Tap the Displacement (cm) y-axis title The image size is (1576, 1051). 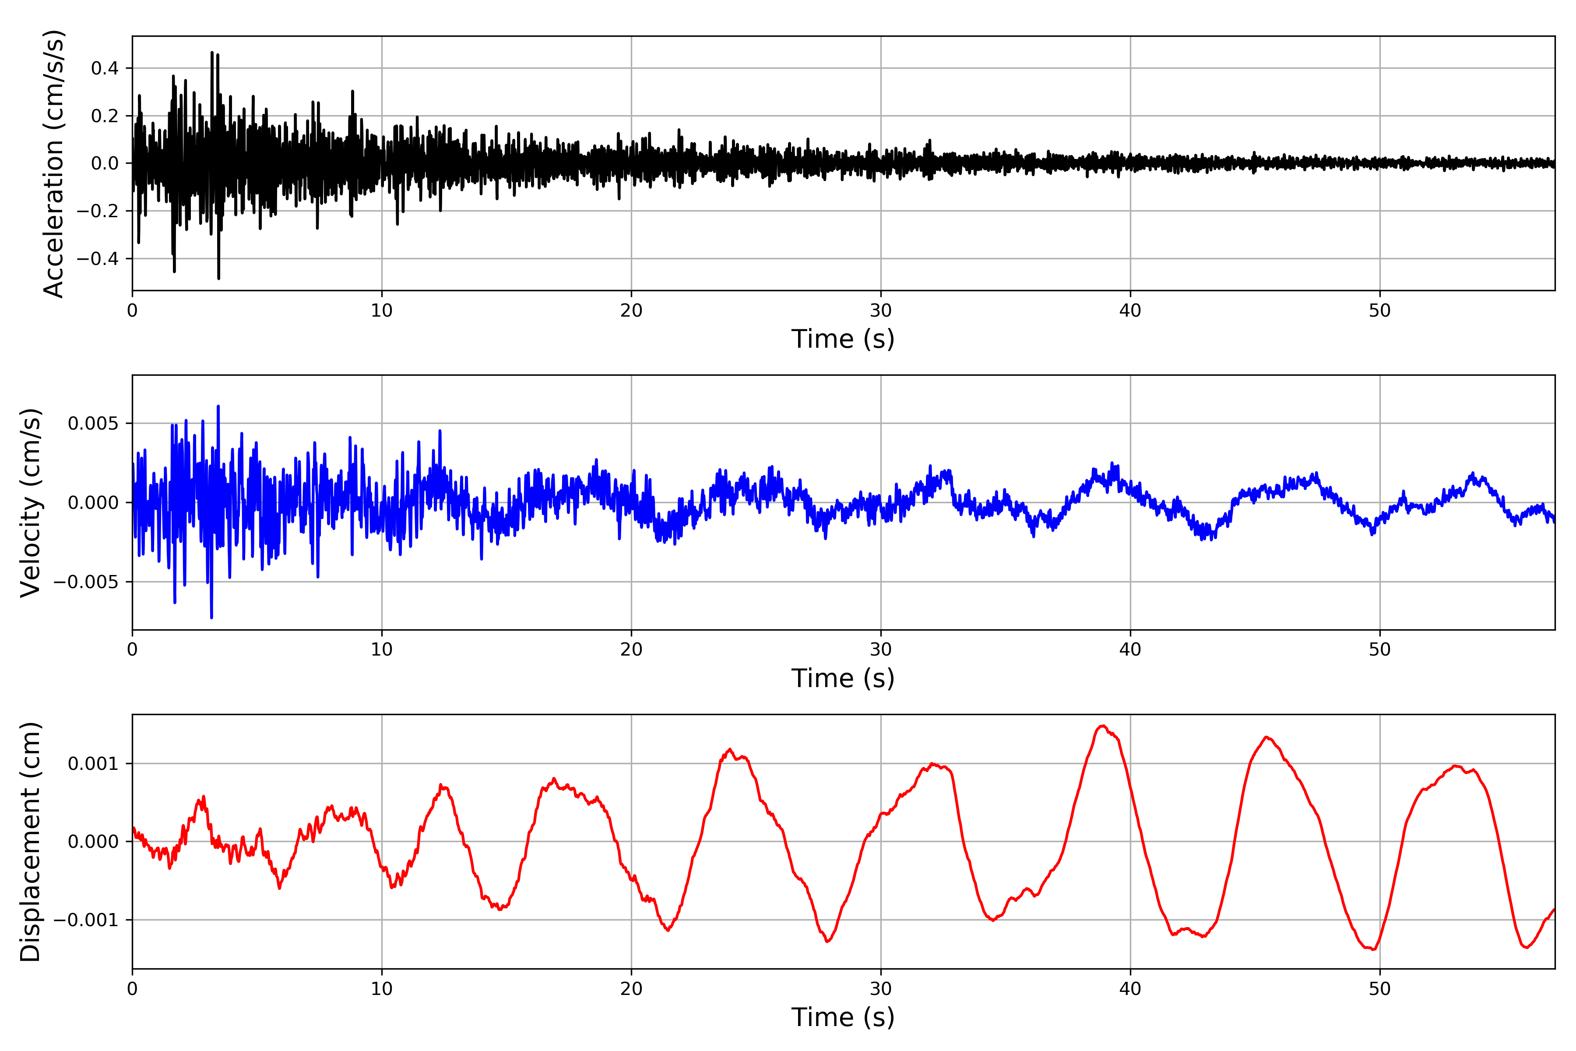pos(31,841)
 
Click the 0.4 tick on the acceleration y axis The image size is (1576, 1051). pos(105,68)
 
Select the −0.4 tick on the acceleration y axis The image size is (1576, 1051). pos(97,259)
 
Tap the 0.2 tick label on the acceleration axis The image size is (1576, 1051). pos(105,116)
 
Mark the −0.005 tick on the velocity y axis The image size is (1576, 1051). pos(86,582)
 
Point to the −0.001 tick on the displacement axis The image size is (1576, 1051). pos(86,920)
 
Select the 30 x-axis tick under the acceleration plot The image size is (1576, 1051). pos(880,311)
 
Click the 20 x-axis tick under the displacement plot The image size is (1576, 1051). pos(631,989)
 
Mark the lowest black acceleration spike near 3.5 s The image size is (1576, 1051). pos(218,278)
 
